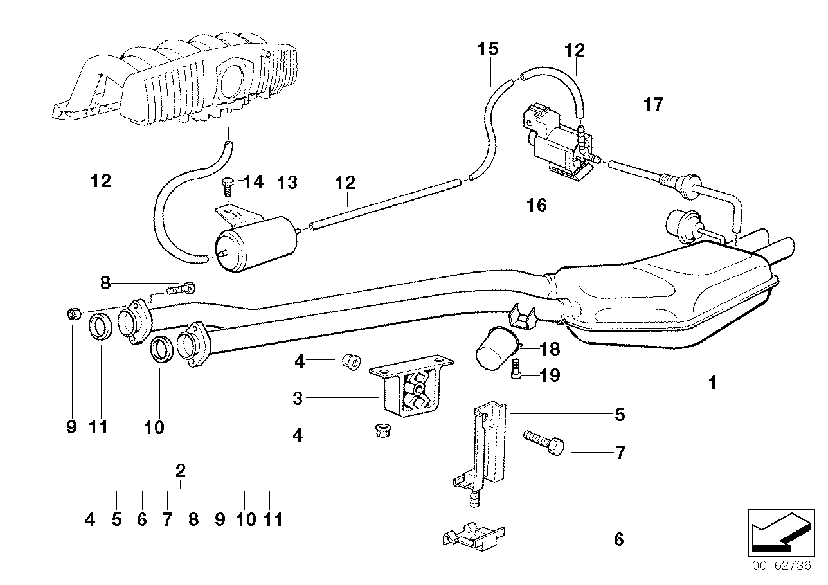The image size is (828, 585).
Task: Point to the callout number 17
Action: click(654, 104)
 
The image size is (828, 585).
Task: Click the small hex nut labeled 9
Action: click(73, 314)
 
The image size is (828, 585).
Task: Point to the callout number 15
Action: click(488, 49)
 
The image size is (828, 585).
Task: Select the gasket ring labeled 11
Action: click(101, 327)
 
